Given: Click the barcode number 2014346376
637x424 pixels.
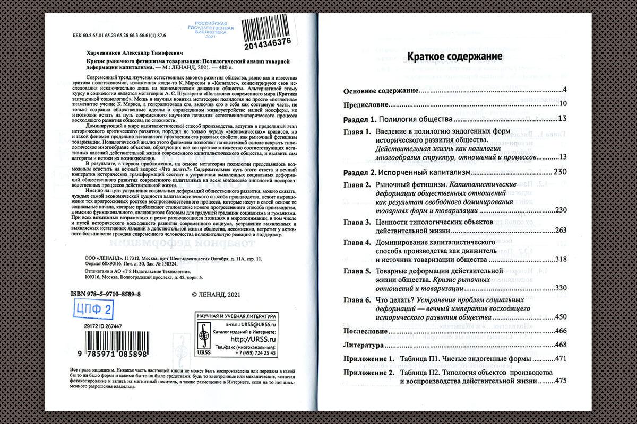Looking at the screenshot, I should point(269,42).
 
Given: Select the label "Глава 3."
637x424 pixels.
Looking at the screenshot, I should point(356,222).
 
